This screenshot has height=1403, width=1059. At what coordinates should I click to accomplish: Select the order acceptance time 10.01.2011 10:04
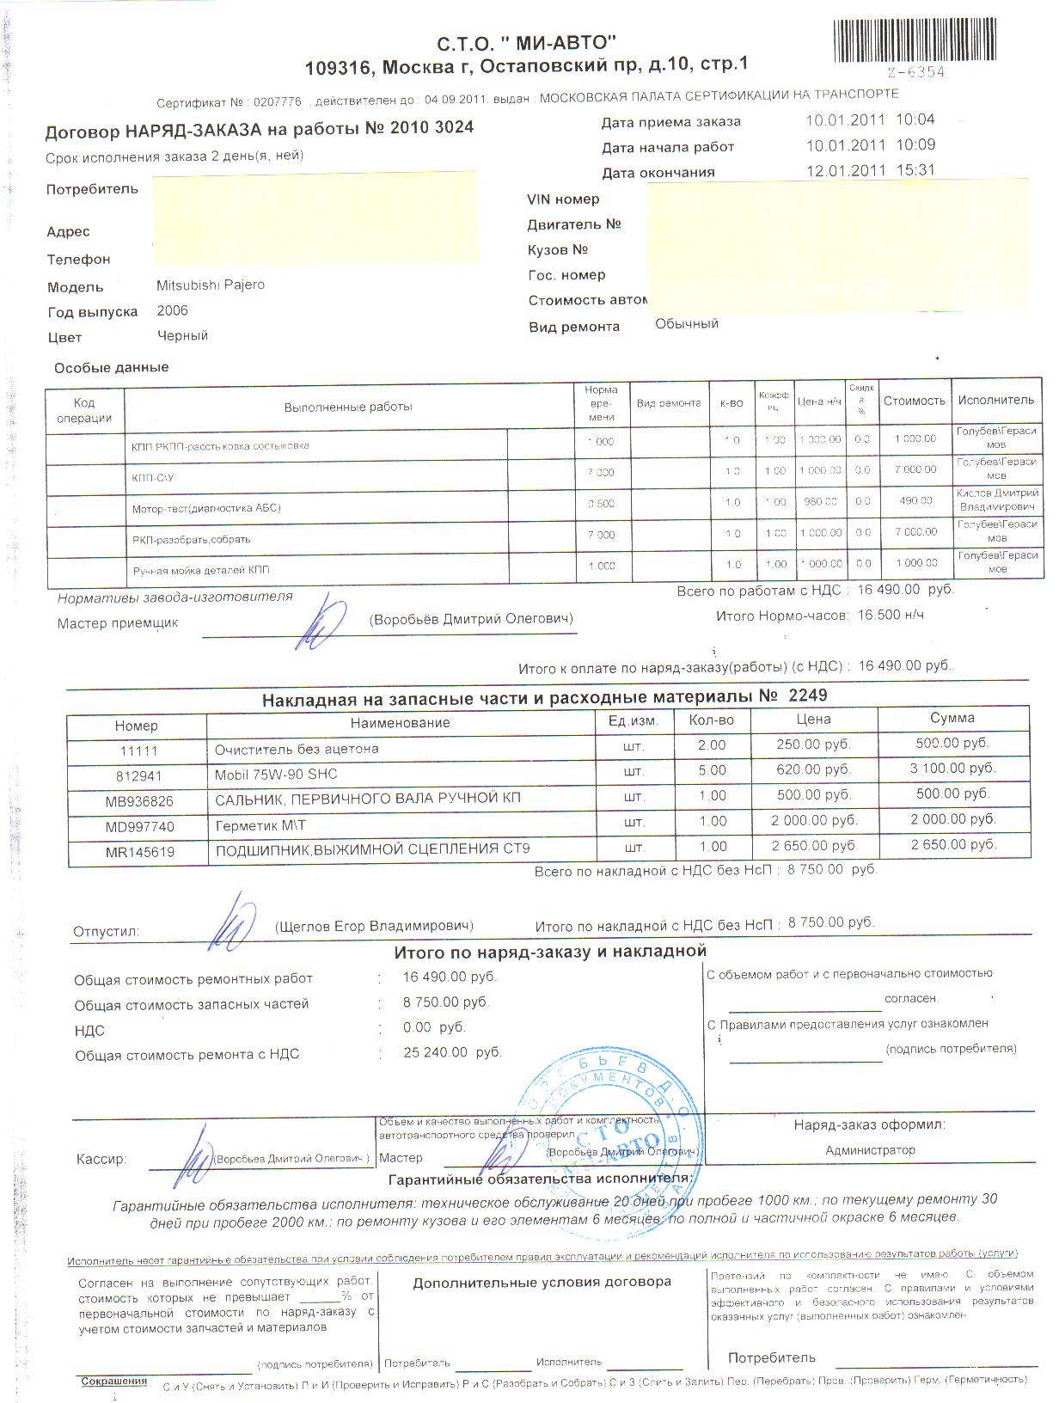(x=870, y=119)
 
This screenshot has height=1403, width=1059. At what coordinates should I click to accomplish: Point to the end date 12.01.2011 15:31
(x=870, y=170)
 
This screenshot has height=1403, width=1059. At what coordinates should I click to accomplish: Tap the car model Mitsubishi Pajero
(x=211, y=285)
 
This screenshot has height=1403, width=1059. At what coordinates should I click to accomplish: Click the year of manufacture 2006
(x=172, y=310)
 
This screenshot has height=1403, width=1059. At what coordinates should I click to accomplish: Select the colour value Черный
(x=182, y=336)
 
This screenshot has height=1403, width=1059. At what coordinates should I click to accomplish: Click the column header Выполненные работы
(x=348, y=407)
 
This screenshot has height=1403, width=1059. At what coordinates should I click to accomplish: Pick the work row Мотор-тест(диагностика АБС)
(x=206, y=508)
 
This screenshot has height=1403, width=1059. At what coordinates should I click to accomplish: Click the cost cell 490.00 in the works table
(x=915, y=500)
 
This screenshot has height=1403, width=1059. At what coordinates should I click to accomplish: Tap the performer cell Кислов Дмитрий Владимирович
(x=997, y=500)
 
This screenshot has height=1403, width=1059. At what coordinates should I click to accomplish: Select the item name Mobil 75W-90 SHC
(x=276, y=774)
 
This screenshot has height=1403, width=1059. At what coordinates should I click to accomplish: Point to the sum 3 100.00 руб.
(x=952, y=768)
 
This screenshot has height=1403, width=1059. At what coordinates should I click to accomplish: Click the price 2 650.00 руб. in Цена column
(x=813, y=846)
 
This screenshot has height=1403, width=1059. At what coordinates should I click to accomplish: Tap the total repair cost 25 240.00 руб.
(x=451, y=1052)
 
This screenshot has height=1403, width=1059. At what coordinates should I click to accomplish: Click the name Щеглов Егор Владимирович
(x=374, y=926)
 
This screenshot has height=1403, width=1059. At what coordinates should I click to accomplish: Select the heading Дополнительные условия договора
(x=542, y=1282)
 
